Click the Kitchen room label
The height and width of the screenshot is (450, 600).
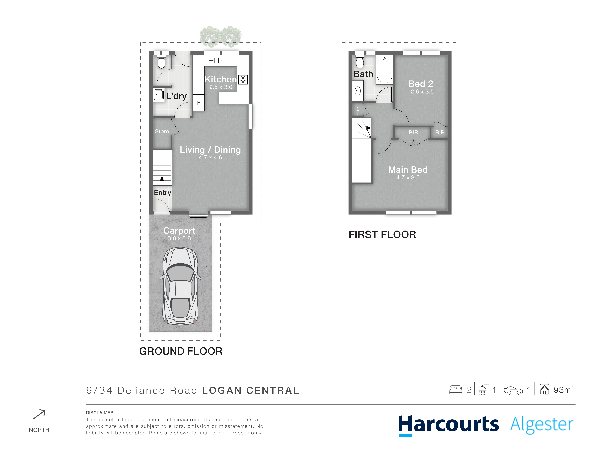(x=221, y=79)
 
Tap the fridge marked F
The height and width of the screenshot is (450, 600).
(x=199, y=102)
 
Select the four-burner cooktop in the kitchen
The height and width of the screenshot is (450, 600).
(x=243, y=79)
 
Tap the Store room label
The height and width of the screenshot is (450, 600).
(x=162, y=132)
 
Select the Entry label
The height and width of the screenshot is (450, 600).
(x=162, y=193)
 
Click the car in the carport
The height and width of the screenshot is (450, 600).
(x=180, y=286)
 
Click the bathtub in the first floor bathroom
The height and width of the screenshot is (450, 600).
(x=384, y=69)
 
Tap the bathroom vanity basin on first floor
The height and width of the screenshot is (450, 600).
(x=358, y=91)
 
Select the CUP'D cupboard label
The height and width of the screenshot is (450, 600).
(x=358, y=110)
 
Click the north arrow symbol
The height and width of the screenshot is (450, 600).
(x=39, y=414)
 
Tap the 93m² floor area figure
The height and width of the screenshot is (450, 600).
(x=563, y=390)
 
